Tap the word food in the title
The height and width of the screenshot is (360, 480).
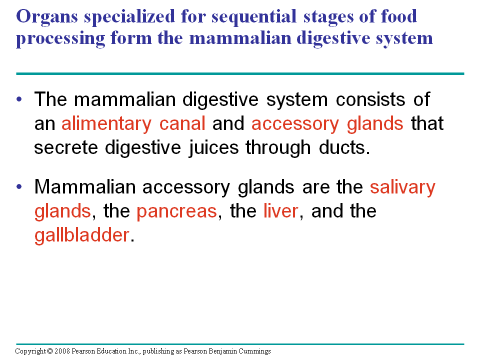tap(397, 17)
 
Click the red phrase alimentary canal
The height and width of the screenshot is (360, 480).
tap(133, 124)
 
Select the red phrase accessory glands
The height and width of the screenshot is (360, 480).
tap(327, 124)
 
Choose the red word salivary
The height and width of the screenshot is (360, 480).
tap(402, 187)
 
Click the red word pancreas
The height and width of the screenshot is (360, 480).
tap(176, 211)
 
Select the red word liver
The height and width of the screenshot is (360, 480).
tap(280, 211)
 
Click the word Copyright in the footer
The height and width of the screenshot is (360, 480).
tap(31, 351)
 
